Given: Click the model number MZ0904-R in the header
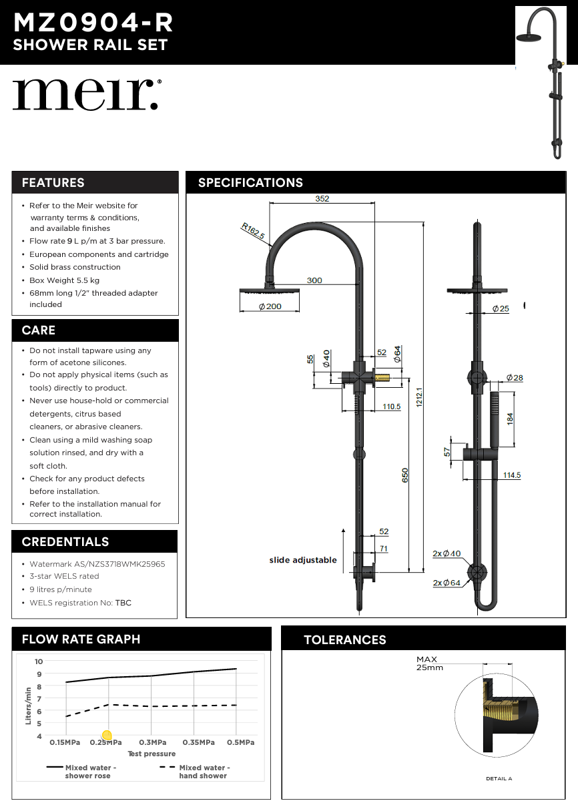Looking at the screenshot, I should [x=93, y=23].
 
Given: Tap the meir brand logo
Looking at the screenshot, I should [x=86, y=95].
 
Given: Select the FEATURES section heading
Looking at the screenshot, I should [x=53, y=183].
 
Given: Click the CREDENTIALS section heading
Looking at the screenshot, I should [x=65, y=542].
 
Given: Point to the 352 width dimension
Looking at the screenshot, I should [x=322, y=199].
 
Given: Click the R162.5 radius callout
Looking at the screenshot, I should [x=253, y=232].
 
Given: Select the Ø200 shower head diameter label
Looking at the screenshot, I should [x=270, y=306].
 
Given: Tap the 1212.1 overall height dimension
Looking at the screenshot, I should [x=420, y=398].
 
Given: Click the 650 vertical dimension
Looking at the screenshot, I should [x=405, y=475].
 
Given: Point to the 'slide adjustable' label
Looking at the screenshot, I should [x=303, y=560].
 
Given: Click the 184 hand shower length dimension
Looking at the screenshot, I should [x=511, y=419].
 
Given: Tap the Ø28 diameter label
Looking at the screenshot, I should [x=515, y=378].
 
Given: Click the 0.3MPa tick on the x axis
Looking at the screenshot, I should [x=152, y=742].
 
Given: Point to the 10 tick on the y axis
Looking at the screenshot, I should [x=39, y=661].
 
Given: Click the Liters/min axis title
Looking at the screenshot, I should [x=28, y=706].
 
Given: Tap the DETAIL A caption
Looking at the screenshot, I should [x=499, y=778].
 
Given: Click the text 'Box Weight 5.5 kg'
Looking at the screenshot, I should [x=64, y=280].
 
